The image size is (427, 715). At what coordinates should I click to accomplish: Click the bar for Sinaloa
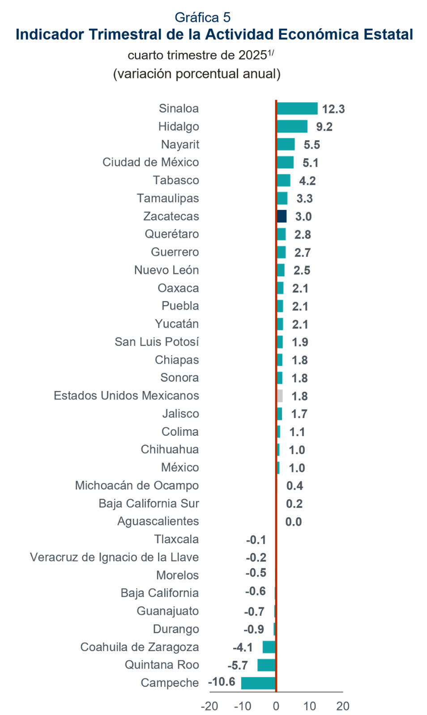click(297, 109)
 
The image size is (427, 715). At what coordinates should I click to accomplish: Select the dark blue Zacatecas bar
click(282, 216)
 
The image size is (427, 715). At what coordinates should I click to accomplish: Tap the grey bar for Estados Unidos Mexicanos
click(280, 396)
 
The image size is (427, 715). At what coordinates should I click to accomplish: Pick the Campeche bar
click(258, 683)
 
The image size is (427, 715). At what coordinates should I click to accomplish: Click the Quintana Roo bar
click(266, 665)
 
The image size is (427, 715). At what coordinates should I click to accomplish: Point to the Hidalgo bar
click(292, 126)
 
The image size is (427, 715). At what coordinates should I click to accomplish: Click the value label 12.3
click(333, 109)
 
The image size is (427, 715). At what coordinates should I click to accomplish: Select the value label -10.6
click(222, 682)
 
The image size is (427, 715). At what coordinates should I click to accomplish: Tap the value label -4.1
click(243, 647)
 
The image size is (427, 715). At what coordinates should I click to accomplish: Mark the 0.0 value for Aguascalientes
click(294, 522)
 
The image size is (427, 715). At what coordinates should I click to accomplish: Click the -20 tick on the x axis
click(209, 706)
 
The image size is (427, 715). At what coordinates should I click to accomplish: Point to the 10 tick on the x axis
click(309, 706)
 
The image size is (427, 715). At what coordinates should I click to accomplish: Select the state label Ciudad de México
click(150, 162)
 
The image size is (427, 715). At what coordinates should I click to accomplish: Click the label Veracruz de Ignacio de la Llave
click(114, 557)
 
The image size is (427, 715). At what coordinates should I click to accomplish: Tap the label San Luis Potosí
click(157, 342)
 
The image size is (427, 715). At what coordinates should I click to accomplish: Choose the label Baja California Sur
click(149, 504)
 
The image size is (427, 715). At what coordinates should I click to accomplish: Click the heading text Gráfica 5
click(202, 17)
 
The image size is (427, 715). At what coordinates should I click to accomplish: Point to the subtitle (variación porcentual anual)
click(197, 74)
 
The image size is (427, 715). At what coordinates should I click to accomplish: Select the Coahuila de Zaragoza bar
click(269, 647)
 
